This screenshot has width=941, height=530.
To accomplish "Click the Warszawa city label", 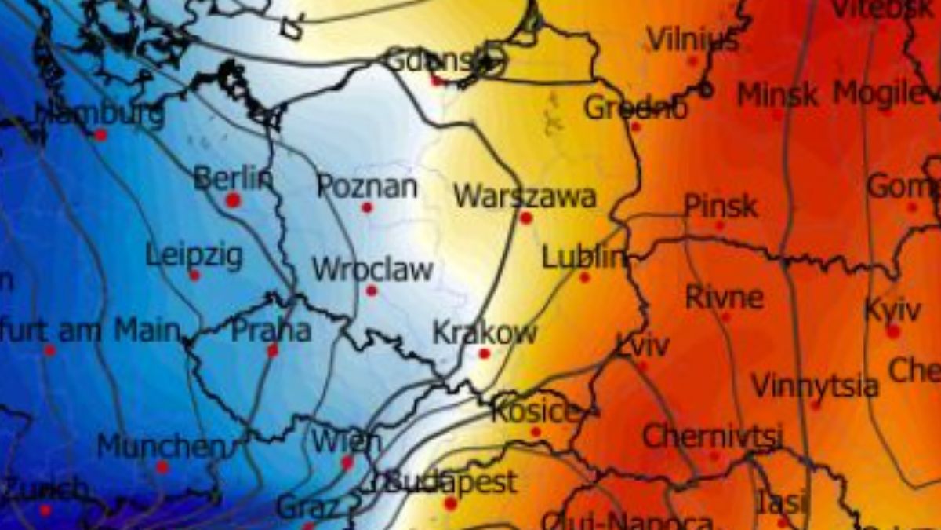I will pyautogui.click(x=524, y=196).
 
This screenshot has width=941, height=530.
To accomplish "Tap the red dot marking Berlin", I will pyautogui.click(x=232, y=200).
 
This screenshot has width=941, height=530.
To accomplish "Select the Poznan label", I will pyautogui.click(x=367, y=187).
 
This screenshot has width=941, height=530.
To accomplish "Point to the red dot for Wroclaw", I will pyautogui.click(x=372, y=291).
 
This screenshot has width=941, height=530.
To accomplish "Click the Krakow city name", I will pyautogui.click(x=485, y=333).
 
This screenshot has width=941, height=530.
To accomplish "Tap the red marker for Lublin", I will pyautogui.click(x=584, y=277).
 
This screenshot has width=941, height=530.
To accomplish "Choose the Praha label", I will pyautogui.click(x=271, y=331).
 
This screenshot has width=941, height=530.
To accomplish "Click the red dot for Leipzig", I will pyautogui.click(x=194, y=275).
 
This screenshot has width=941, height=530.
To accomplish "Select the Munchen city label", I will pyautogui.click(x=160, y=448).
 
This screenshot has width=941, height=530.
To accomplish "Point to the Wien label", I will pyautogui.click(x=346, y=441).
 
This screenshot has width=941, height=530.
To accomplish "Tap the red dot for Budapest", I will pyautogui.click(x=450, y=503).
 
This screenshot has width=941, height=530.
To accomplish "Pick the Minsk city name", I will pyautogui.click(x=778, y=95).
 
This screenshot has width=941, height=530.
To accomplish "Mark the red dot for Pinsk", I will pyautogui.click(x=719, y=225).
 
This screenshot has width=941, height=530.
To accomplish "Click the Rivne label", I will pyautogui.click(x=724, y=298).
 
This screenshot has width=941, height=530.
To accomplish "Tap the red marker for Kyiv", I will pyautogui.click(x=893, y=331).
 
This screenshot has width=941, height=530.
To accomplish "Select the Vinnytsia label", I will pyautogui.click(x=815, y=386).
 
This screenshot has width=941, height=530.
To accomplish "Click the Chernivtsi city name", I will pyautogui.click(x=711, y=437).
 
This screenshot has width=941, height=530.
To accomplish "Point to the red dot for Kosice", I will pyautogui.click(x=536, y=432).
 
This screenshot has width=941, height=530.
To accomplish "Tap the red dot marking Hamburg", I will pyautogui.click(x=100, y=135).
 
